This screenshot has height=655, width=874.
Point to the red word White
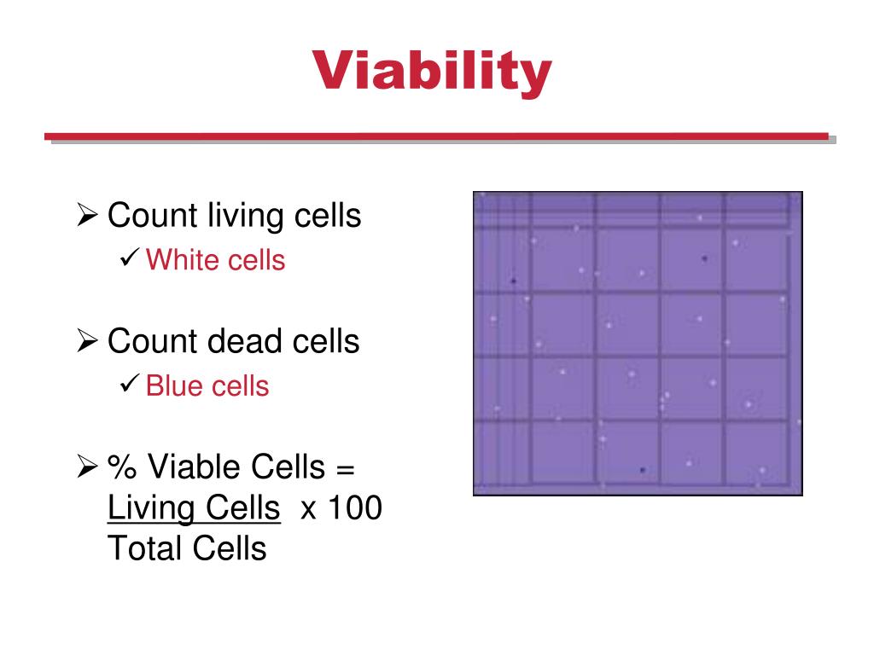click(182, 259)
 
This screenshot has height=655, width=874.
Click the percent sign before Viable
click(121, 467)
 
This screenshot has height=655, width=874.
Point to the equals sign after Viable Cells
click(344, 467)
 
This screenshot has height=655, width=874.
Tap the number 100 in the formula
click(354, 508)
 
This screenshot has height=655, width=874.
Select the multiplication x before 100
click(308, 510)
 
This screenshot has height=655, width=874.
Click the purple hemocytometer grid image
click(638, 343)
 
